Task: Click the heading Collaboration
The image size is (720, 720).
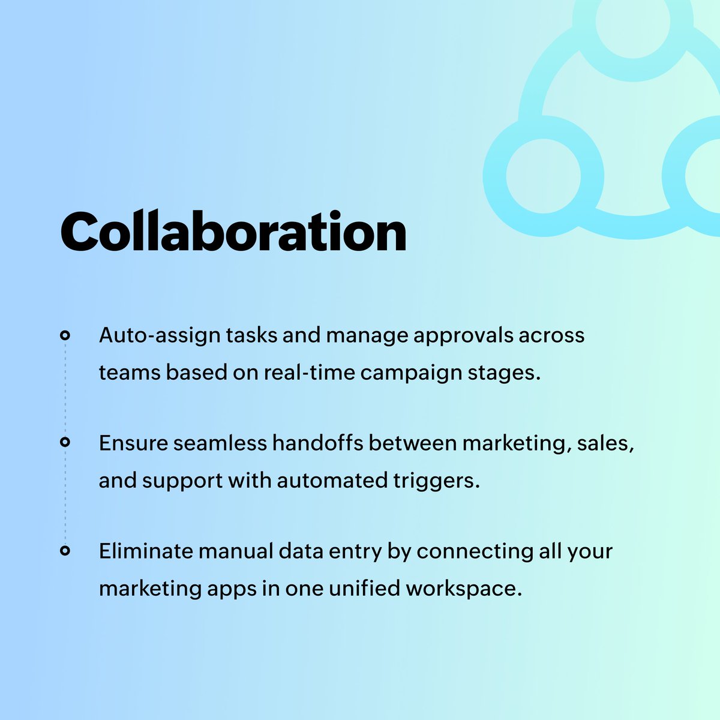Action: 233,232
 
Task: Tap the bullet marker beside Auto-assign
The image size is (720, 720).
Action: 65,335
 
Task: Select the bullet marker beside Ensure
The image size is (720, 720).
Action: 65,443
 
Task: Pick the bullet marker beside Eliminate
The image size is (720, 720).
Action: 65,550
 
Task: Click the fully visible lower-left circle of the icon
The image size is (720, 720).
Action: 543,176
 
